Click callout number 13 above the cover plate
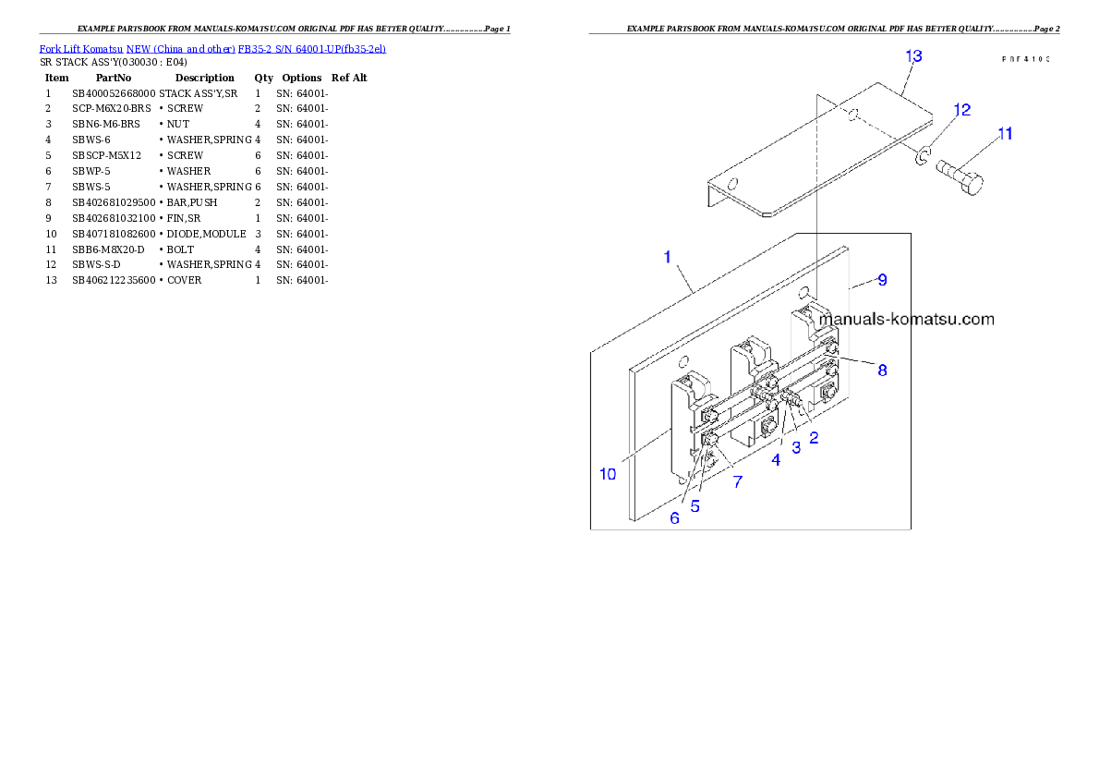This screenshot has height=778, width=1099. tap(912, 56)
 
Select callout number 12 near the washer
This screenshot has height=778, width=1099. tap(961, 110)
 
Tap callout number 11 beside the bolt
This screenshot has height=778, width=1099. tap(1005, 134)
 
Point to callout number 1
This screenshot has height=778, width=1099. tap(668, 256)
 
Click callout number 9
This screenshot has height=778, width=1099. tap(882, 279)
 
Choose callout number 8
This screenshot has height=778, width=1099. tap(882, 370)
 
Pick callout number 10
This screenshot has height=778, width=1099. tap(607, 474)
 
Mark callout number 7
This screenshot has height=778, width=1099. tap(737, 481)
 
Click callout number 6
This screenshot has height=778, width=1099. tap(674, 518)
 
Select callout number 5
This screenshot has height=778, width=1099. tap(694, 506)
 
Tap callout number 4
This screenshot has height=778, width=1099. tap(776, 458)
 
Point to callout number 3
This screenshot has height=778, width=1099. tap(795, 445)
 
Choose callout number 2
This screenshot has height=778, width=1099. tap(814, 438)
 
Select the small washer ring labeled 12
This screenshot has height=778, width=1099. tap(922, 159)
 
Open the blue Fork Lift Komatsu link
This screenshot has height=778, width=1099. tap(212, 48)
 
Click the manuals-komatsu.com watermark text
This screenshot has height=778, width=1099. tap(907, 320)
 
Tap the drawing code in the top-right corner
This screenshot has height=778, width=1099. tap(1026, 58)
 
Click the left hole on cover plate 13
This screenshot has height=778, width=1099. tap(734, 182)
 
